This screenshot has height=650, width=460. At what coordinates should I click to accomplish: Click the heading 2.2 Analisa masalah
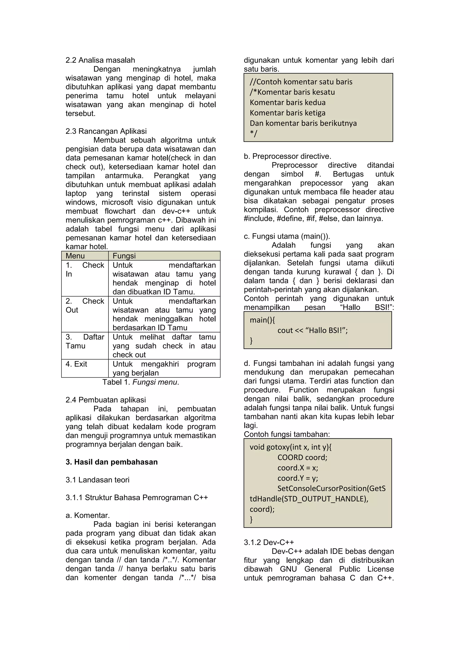pos(100,60)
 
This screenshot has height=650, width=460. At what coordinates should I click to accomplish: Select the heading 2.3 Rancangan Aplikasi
pos(106,131)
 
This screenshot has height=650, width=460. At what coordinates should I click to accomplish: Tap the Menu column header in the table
pos(75,256)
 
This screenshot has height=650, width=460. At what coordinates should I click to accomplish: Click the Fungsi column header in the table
pos(124,256)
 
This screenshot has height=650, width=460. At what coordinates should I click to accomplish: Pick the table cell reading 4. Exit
pos(76,364)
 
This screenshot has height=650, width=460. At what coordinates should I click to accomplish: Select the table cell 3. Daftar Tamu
pos(85,341)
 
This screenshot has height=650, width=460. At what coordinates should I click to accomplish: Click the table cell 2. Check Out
pos(85,305)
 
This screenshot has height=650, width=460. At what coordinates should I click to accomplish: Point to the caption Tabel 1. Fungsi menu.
pos(141,382)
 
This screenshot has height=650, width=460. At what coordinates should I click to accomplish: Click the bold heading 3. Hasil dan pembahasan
pos(112,462)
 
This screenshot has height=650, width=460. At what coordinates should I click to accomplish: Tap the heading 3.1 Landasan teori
pos(97,480)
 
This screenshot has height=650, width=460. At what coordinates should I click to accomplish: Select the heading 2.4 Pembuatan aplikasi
pos(106,400)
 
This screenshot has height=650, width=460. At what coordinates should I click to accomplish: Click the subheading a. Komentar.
pos(88,515)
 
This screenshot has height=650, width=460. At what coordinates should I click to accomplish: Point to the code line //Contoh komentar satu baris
pos(301,82)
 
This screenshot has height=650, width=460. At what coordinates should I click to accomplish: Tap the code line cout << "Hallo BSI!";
pos(312,330)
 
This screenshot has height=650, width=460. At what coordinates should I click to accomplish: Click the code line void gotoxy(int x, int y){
pos(291,447)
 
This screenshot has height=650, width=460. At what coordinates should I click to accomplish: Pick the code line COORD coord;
pos(302,457)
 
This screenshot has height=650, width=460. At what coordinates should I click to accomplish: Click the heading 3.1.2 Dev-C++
pos(269,542)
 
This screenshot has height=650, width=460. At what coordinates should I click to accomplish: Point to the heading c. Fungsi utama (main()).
pos(287,236)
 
